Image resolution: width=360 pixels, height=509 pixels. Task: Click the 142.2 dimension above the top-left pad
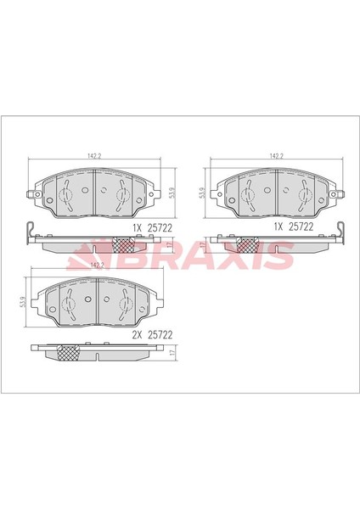point(94,156)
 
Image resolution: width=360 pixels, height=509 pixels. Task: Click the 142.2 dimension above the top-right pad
point(277,156)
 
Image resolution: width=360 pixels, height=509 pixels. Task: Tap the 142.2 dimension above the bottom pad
point(97,266)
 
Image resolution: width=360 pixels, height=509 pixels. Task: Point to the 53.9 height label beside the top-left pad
point(173,193)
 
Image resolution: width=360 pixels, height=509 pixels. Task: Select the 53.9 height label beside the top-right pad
point(202,193)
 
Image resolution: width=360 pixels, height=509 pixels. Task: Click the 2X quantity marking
point(137,335)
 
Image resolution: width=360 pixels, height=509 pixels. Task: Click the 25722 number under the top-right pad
point(301,227)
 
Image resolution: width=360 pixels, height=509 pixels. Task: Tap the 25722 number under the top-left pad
point(160,228)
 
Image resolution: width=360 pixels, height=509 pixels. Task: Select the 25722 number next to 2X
point(160,335)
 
